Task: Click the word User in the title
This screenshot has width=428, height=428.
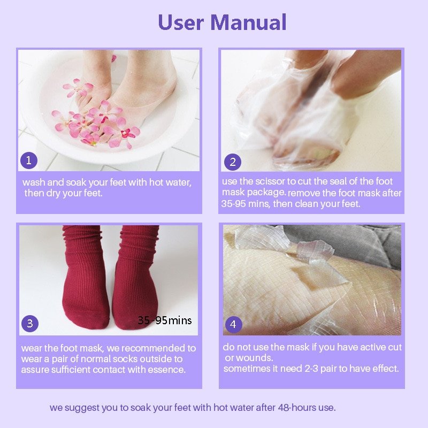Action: [x=181, y=22]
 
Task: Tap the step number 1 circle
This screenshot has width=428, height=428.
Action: [x=29, y=160]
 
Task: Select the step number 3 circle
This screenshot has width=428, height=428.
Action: [x=30, y=323]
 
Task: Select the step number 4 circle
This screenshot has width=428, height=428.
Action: [x=233, y=324]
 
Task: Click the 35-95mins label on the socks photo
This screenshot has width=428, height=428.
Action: [x=164, y=320]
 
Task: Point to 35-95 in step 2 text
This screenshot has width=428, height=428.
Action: [x=233, y=204]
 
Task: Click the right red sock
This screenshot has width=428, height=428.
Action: [x=135, y=284]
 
